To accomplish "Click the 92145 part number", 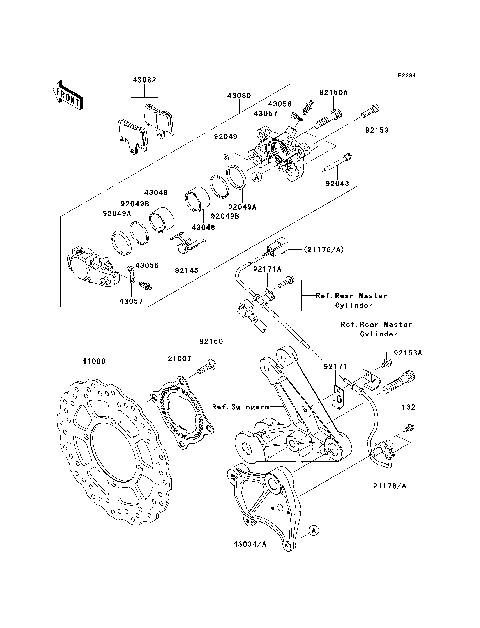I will pyautogui.click(x=186, y=270).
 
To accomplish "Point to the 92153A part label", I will pyautogui.click(x=407, y=353).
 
